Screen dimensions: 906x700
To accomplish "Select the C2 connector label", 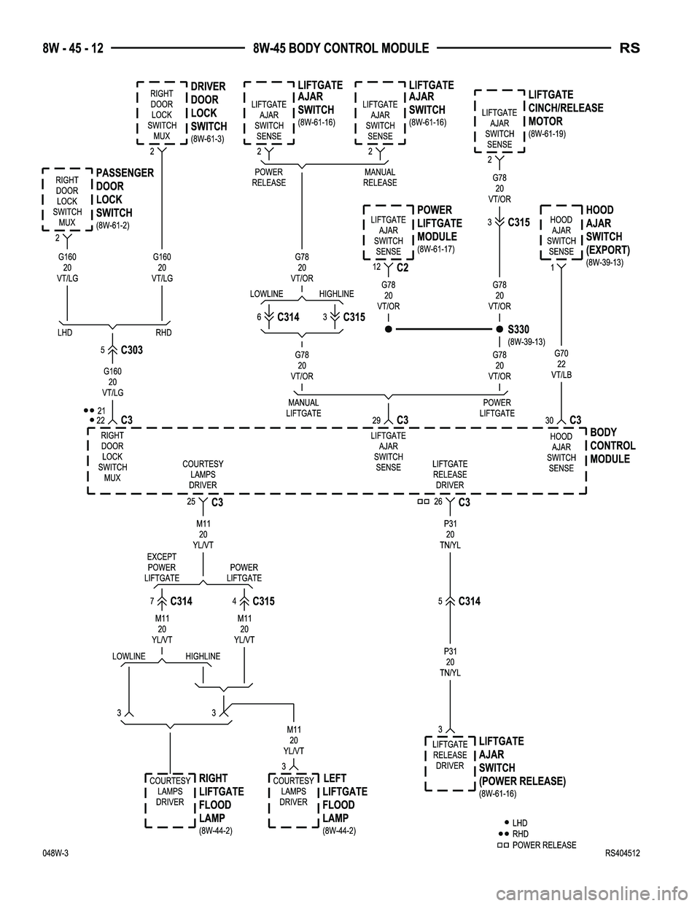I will (402, 268).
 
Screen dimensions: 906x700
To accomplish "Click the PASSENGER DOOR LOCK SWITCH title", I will (125, 193).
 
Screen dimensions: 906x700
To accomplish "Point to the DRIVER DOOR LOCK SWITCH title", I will (208, 107).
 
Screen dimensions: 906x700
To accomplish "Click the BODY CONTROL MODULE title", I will (612, 446).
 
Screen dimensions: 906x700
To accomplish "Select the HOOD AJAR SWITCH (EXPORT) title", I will (607, 230).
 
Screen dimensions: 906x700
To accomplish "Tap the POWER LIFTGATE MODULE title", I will (439, 223).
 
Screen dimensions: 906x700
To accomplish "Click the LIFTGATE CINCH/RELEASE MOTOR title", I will (565, 108).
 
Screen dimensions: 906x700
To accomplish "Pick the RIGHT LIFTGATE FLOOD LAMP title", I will (221, 798).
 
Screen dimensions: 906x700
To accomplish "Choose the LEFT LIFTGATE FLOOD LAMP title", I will (344, 798).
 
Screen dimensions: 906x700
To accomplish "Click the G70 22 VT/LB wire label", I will (561, 364).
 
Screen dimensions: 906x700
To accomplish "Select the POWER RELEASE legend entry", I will (543, 845).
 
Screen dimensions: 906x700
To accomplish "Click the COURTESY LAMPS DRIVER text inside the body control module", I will (203, 474).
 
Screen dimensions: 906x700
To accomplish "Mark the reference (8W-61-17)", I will (435, 249).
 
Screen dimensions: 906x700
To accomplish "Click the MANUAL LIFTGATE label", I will (303, 408).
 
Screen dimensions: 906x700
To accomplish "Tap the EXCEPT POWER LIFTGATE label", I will (161, 568).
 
